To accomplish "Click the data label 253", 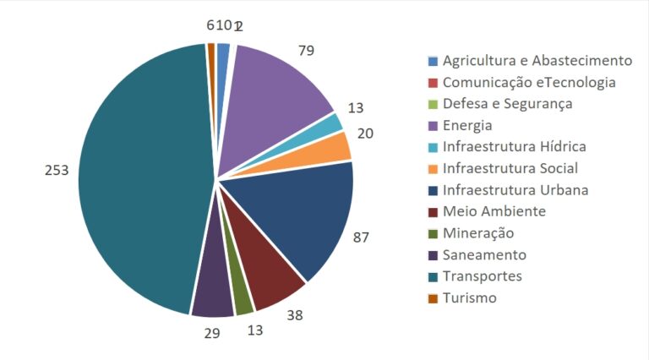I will pos(57,170).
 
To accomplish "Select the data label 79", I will pos(306,51).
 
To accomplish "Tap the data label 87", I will pos(361,237).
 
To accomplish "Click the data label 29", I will pos(211,333).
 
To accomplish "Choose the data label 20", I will pos(365,134).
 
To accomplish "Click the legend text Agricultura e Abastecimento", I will pos(537,61).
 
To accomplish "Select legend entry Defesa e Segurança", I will pos(508,104).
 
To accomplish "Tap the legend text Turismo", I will pos(470,297).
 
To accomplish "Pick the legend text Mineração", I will pos(478,233).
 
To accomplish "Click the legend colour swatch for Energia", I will pos(434,126).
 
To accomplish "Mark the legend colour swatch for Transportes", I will pos(434,276).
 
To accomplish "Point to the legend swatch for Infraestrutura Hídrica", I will pos(434,147).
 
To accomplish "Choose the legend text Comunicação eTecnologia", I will pos(529,83).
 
